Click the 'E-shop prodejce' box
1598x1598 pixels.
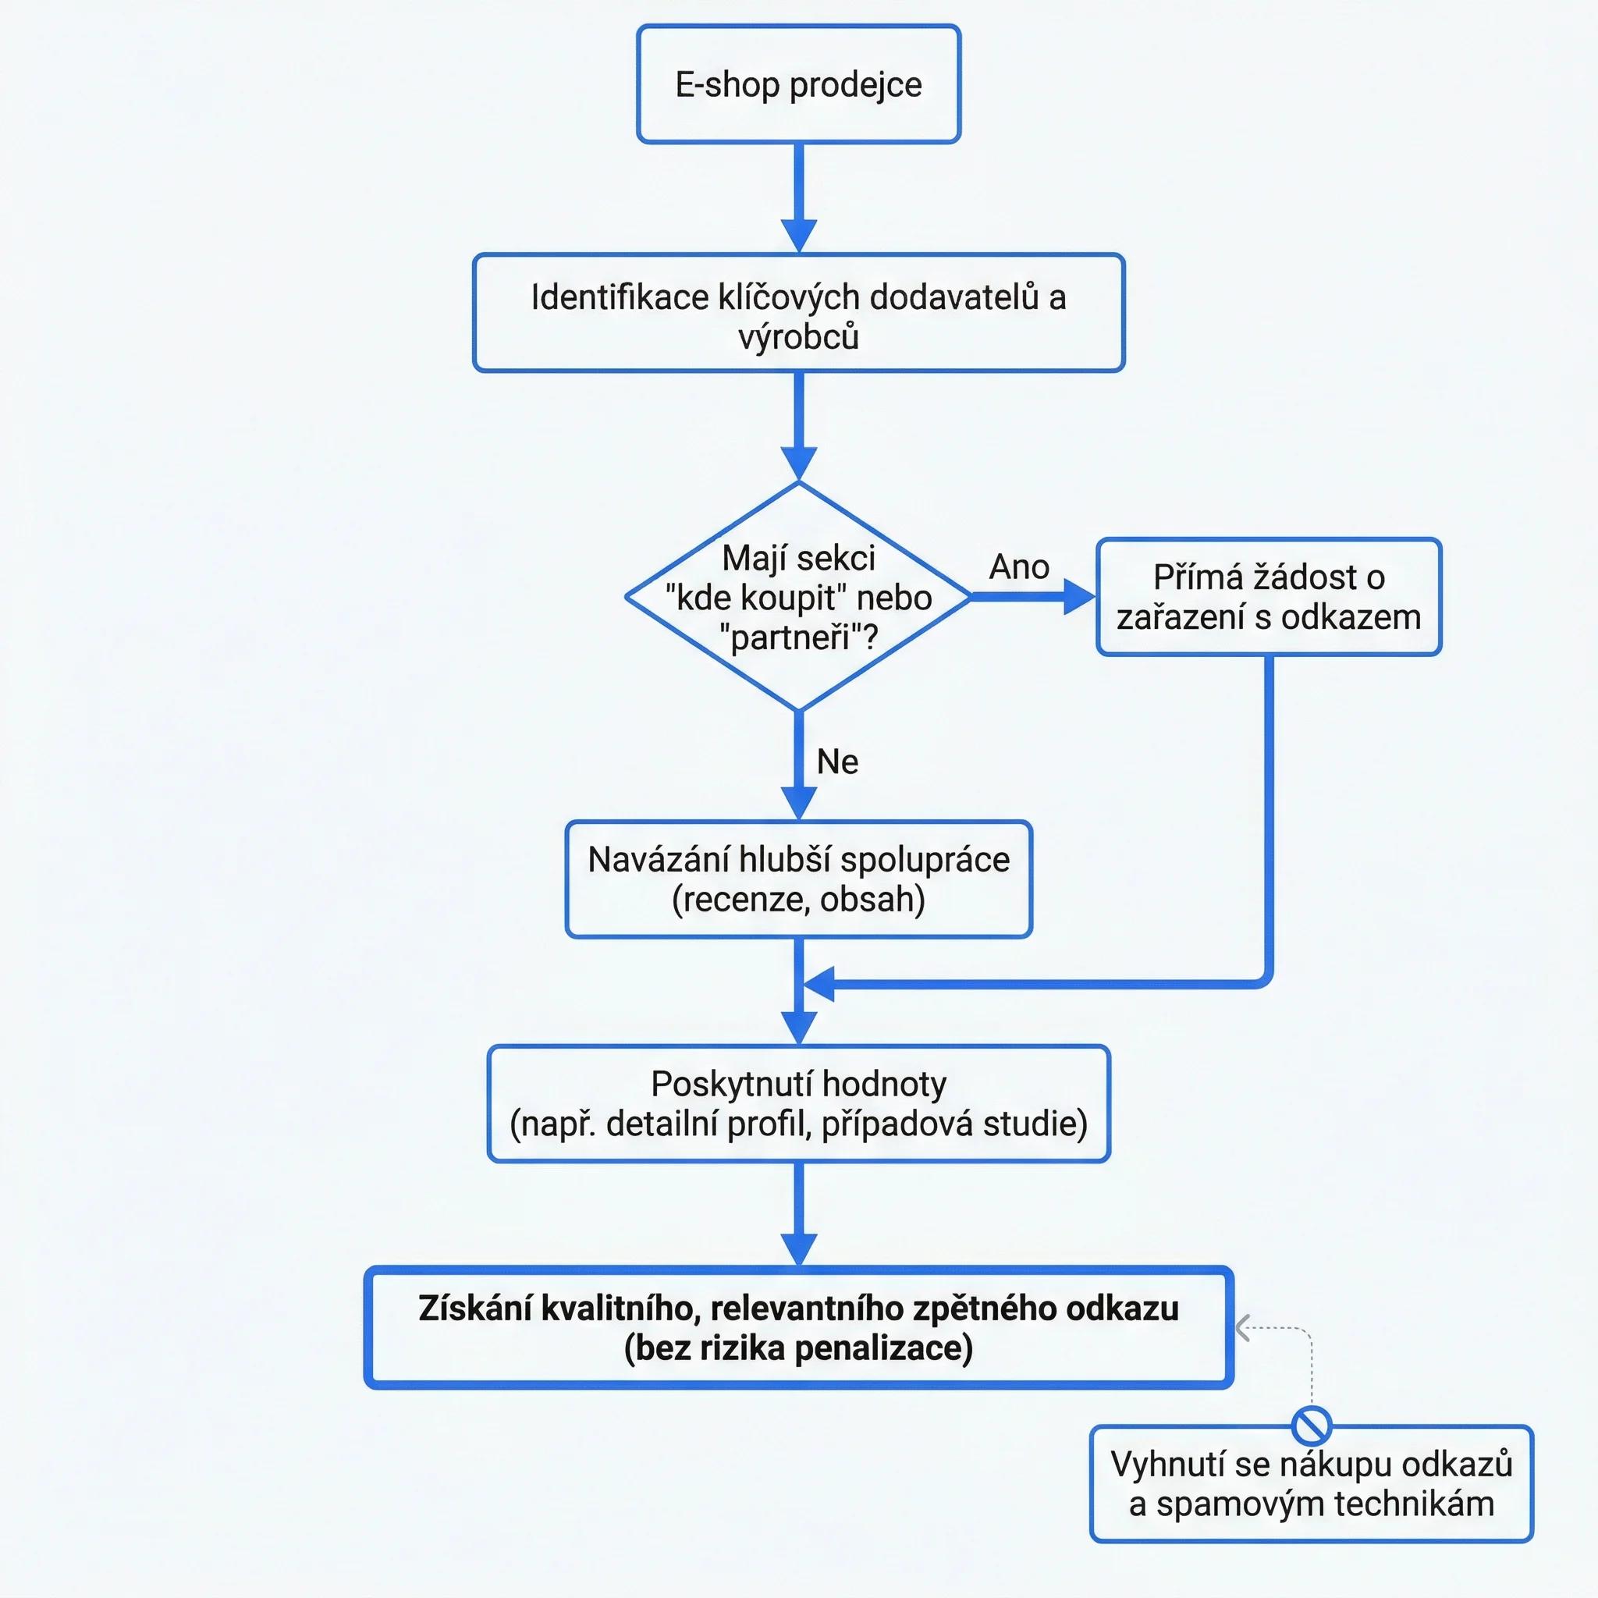click(x=798, y=84)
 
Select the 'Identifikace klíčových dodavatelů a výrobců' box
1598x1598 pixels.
click(x=798, y=313)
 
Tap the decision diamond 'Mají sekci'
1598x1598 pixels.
click(x=798, y=596)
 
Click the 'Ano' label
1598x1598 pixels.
click(x=1019, y=567)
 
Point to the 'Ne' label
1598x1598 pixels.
click(x=837, y=762)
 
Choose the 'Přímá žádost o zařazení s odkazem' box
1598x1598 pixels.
click(x=1269, y=597)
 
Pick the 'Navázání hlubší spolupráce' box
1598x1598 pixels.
click(x=798, y=879)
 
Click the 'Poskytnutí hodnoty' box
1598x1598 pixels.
click(x=798, y=1104)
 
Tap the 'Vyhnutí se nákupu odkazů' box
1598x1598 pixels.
click(x=1312, y=1484)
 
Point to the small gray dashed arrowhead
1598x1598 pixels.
click(x=1242, y=1328)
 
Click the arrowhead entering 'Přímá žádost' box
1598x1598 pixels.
click(x=1079, y=596)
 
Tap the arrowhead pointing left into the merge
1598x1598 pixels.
click(x=819, y=984)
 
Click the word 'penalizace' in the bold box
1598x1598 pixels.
click(x=879, y=1349)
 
